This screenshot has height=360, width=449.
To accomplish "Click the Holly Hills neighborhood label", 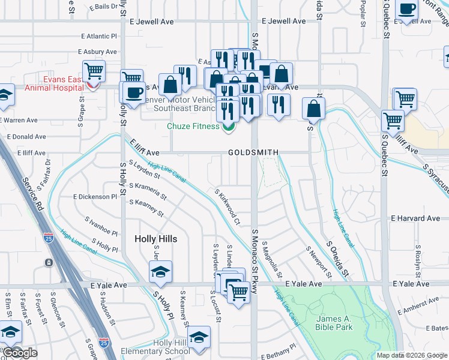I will (x=155, y=239).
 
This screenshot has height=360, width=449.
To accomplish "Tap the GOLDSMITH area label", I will (x=253, y=153).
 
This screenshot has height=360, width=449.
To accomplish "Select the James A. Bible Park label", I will (x=334, y=323).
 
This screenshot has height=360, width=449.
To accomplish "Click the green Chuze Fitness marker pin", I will (x=228, y=127).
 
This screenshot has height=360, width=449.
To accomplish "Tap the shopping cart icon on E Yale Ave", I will (x=238, y=292).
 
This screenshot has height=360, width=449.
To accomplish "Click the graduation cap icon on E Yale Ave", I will (x=160, y=272).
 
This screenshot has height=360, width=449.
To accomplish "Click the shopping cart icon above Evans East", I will (x=94, y=71).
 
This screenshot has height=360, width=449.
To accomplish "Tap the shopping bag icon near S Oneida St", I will (x=313, y=109).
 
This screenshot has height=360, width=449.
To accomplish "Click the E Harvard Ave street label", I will (x=412, y=218).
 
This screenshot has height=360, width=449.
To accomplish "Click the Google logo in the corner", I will (x=20, y=353).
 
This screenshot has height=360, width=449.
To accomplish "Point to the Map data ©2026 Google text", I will (x=411, y=355).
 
